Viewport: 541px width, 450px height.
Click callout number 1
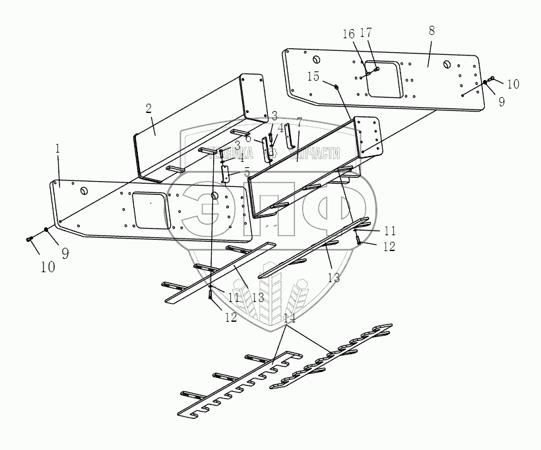tap(58, 149)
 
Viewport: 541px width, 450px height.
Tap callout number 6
tap(247, 139)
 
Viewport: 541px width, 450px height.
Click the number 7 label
tap(299, 123)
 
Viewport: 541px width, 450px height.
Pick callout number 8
tap(431, 31)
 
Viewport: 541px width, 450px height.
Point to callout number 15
tap(313, 77)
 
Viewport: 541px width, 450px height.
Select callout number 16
tap(349, 34)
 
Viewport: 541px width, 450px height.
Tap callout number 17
tap(367, 32)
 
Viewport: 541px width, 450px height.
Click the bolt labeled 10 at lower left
tap(30, 239)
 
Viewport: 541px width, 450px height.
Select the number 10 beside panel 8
tap(513, 84)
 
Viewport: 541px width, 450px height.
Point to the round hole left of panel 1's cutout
tap(84, 190)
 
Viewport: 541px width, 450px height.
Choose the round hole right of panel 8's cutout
tap(447, 65)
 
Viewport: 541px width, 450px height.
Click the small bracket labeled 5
tap(226, 174)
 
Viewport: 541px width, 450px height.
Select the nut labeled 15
tap(336, 87)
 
